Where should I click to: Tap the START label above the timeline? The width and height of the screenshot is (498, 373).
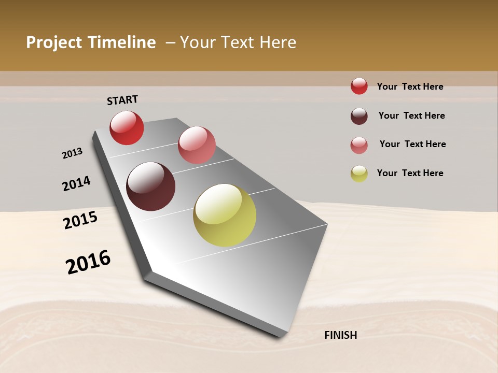[x=122, y=100]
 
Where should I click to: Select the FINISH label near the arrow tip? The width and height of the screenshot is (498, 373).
[x=340, y=335]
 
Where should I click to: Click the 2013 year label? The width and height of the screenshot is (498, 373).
[x=73, y=153]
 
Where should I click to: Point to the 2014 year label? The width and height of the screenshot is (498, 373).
[x=77, y=183]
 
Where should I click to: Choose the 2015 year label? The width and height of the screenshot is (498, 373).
[x=80, y=220]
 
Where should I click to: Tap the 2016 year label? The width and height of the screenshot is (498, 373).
[x=88, y=262]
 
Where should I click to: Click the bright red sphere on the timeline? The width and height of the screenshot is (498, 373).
[x=127, y=127]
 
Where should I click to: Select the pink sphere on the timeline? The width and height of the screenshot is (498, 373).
[x=197, y=145]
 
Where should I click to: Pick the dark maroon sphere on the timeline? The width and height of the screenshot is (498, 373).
[x=150, y=187]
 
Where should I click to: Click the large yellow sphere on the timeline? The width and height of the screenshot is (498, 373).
[x=225, y=215]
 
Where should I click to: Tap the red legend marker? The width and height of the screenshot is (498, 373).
[x=359, y=86]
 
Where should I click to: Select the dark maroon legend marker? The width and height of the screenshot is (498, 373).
[x=359, y=116]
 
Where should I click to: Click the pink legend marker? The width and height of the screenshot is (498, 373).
[x=359, y=145]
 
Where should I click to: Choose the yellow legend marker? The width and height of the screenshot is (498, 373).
[x=359, y=174]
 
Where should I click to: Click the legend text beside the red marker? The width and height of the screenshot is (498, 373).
[x=410, y=87]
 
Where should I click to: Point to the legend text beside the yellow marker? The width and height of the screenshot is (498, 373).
[x=410, y=173]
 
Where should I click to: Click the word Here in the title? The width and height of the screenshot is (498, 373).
[x=278, y=42]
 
